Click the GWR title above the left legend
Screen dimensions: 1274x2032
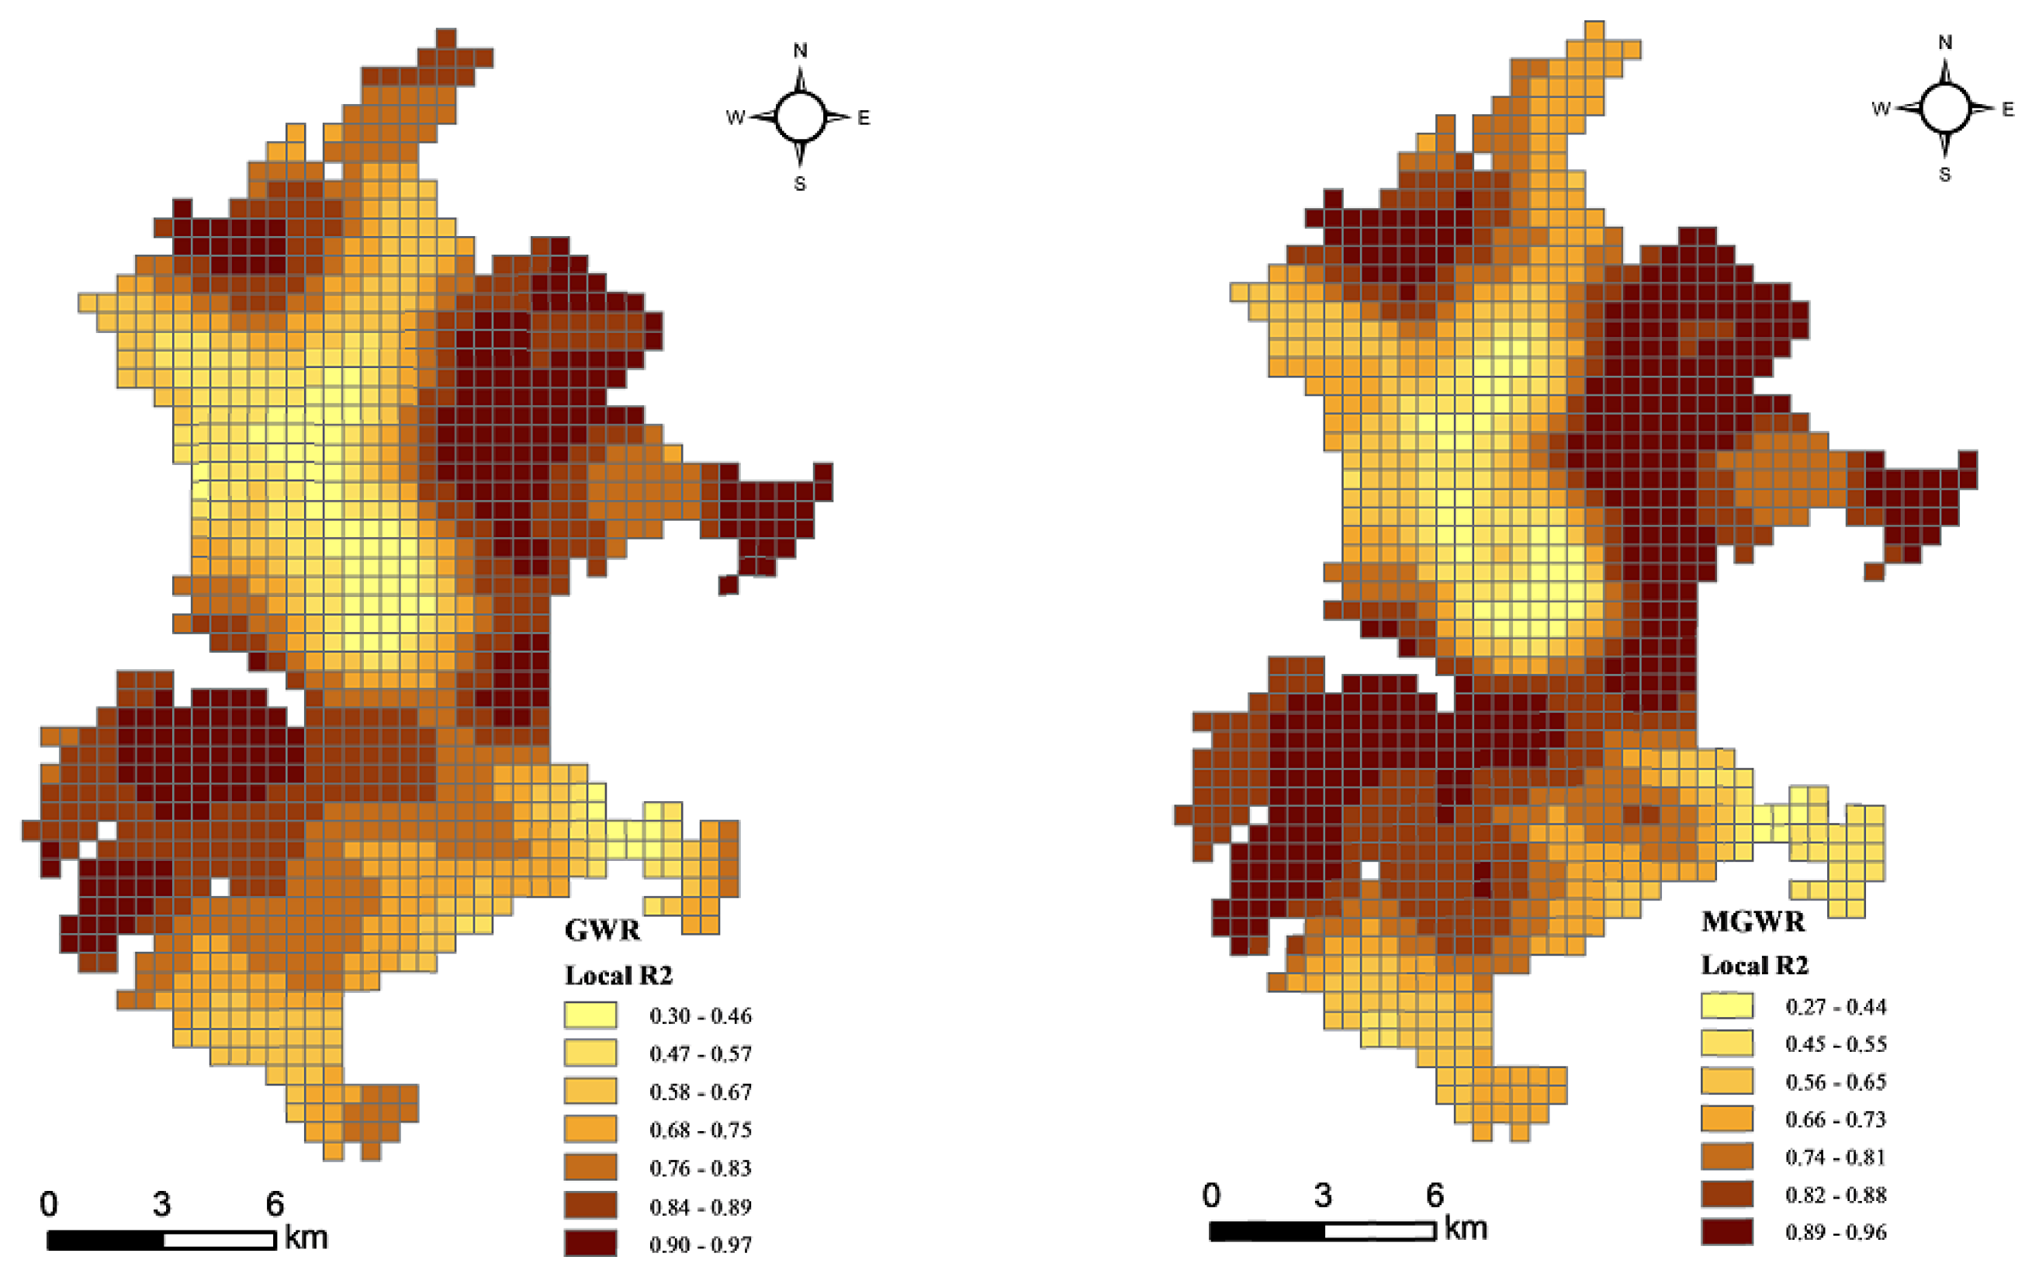602,930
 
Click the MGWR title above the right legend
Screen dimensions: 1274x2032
1753,922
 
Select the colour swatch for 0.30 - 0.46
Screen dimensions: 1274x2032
590,1015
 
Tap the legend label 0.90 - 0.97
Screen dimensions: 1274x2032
701,1244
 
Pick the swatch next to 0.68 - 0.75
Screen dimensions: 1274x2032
590,1129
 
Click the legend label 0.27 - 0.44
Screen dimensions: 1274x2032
1836,1006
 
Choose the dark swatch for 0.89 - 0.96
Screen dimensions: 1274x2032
1727,1232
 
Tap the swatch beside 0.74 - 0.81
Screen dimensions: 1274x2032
1727,1157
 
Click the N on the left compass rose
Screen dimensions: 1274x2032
800,50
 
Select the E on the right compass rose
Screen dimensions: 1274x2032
2008,109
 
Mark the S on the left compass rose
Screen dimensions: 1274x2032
800,184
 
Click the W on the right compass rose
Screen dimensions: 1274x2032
1881,109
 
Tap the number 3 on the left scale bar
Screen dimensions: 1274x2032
161,1204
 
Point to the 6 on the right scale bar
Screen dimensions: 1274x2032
1435,1195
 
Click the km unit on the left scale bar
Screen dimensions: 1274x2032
306,1238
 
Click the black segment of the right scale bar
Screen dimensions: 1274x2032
1266,1232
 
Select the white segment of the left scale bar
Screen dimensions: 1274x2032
219,1241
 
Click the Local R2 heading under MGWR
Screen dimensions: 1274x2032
1755,965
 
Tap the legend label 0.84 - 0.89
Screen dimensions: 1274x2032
701,1206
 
